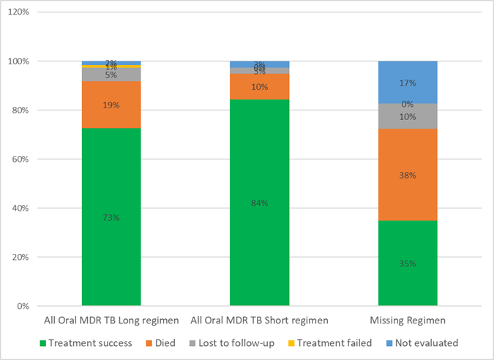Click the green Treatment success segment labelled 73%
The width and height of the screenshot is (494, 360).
111,217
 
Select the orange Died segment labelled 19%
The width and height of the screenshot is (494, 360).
111,105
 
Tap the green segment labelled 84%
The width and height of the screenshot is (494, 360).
260,202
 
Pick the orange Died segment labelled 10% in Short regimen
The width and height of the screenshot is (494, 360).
260,86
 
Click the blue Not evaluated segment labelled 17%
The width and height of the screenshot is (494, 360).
408,82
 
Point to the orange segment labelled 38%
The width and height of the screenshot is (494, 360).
408,175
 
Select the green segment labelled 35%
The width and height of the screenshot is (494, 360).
408,263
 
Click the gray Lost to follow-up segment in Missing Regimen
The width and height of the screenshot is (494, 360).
408,116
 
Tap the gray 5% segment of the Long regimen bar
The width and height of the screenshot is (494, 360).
111,74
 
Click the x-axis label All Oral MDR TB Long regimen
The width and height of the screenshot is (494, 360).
111,320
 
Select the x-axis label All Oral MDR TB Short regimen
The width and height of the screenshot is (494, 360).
260,320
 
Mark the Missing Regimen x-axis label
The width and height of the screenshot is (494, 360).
408,320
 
